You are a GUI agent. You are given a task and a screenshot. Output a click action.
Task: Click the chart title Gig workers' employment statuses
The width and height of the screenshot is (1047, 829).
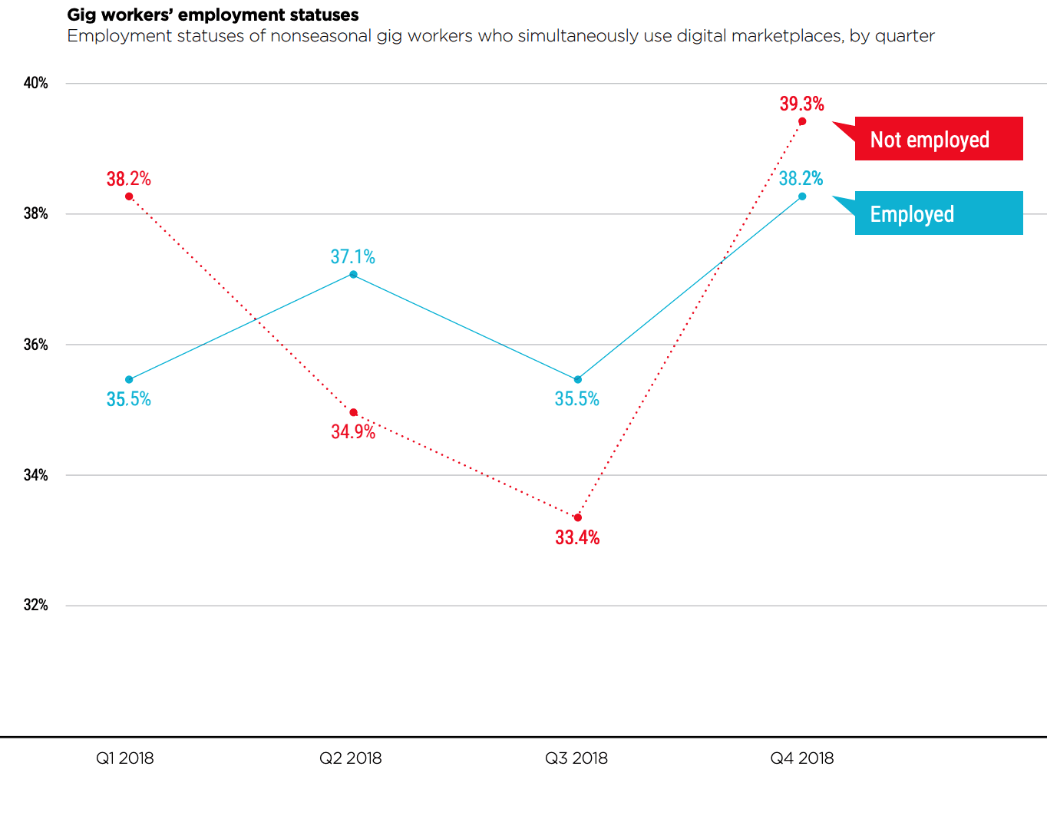pyautogui.click(x=213, y=15)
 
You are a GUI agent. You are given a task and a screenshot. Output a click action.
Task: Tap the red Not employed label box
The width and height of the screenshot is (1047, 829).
pyautogui.click(x=938, y=139)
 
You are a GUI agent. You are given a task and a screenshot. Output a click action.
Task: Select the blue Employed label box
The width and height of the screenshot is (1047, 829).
pyautogui.click(x=938, y=213)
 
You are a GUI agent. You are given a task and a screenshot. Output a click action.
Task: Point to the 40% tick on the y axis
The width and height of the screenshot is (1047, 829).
pyautogui.click(x=36, y=83)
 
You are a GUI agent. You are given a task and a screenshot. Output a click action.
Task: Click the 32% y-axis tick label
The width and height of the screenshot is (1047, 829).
pyautogui.click(x=36, y=605)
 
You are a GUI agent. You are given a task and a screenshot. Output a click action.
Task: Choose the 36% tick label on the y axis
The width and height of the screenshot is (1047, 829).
pyautogui.click(x=36, y=345)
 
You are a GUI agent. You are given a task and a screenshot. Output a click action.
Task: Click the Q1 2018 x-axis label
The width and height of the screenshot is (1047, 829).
pyautogui.click(x=124, y=758)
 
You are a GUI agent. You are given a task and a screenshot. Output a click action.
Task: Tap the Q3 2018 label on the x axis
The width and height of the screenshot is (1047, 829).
pyautogui.click(x=576, y=758)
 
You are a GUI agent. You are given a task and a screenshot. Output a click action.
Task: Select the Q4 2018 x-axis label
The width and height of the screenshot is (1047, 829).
pyautogui.click(x=801, y=758)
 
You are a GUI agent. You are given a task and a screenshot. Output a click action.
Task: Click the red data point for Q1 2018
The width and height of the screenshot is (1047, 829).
pyautogui.click(x=129, y=197)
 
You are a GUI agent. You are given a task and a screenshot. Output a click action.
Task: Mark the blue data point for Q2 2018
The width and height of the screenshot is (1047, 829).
pyautogui.click(x=353, y=274)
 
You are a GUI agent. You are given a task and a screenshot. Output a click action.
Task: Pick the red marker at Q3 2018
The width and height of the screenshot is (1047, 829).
pyautogui.click(x=578, y=517)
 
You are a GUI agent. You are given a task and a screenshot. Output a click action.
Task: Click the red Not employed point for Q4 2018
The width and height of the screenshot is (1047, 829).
pyautogui.click(x=802, y=121)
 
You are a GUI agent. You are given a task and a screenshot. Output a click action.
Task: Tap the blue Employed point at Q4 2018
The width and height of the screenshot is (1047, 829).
pyautogui.click(x=802, y=197)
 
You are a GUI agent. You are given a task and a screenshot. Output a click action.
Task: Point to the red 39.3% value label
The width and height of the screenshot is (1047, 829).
pyautogui.click(x=801, y=104)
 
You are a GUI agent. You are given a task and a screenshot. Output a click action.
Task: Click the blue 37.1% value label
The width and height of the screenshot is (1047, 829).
pyautogui.click(x=352, y=256)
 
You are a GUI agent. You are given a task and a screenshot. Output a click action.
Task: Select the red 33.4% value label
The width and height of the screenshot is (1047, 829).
pyautogui.click(x=577, y=537)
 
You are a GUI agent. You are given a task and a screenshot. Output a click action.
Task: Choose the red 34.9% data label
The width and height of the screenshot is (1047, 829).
pyautogui.click(x=353, y=431)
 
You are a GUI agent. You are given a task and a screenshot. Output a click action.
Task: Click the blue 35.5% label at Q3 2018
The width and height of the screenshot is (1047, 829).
pyautogui.click(x=576, y=399)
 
